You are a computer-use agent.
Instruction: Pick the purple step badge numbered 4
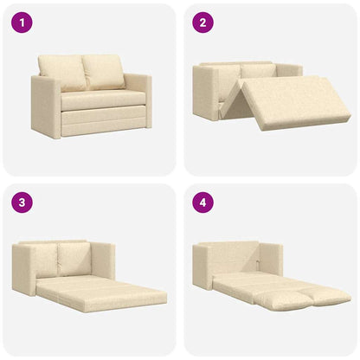pos(202,204)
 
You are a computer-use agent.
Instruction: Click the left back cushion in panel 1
pos(61,74)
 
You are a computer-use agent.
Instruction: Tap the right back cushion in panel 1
pos(103,71)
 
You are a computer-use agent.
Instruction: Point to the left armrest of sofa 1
pos(45,106)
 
